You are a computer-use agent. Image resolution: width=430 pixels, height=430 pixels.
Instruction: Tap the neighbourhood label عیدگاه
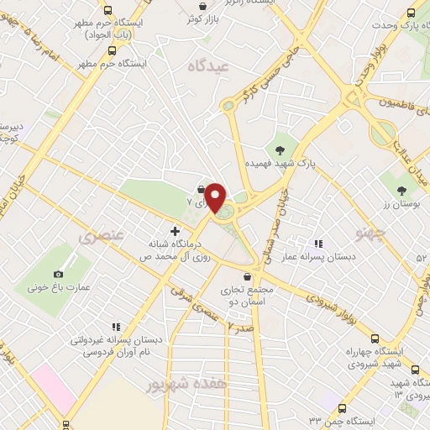tap(209, 66)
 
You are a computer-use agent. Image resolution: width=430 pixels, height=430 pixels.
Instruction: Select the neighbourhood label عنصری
tap(101, 238)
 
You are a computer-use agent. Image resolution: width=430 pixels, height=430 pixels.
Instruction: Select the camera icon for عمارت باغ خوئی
tap(58, 274)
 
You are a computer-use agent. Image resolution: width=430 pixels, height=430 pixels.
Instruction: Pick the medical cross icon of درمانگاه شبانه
tap(175, 231)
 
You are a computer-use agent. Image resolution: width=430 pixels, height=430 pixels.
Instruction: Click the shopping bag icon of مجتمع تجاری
tap(246, 276)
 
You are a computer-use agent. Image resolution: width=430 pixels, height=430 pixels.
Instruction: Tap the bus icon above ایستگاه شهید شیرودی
tap(415, 369)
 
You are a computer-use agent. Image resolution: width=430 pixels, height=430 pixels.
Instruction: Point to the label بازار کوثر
tap(202, 18)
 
